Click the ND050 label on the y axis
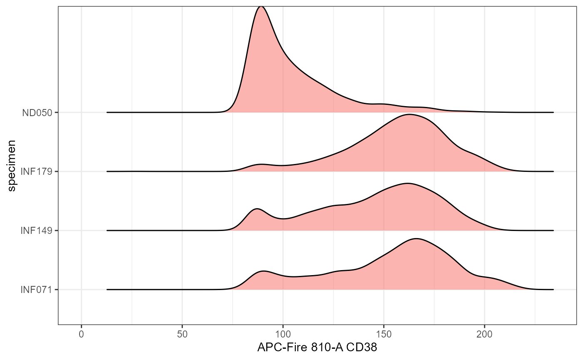pos(37,112)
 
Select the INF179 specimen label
pos(37,171)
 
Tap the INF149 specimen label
pos(37,230)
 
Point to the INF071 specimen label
pos(37,289)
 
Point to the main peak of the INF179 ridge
pos(410,114)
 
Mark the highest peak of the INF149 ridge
pos(408,184)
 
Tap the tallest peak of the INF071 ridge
pos(416,239)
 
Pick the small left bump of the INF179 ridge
pos(262,164)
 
